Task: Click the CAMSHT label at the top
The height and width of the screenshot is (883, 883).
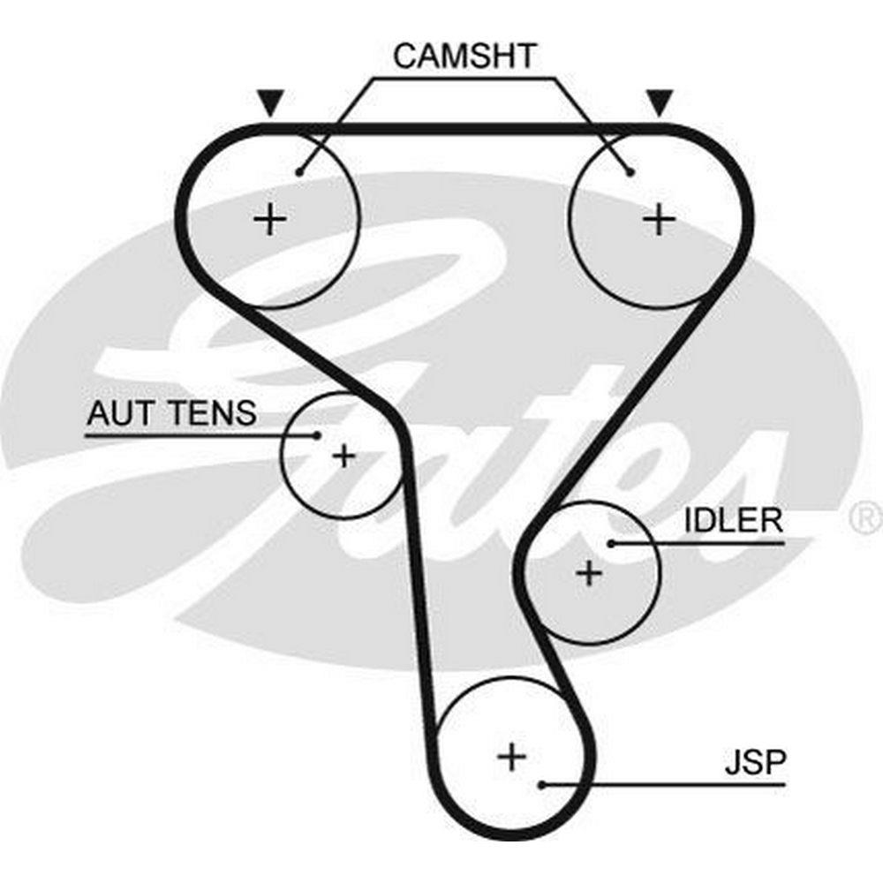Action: tap(464, 55)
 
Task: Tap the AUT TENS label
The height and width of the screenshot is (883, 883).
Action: tap(171, 412)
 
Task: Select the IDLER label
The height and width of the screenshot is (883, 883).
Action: tap(734, 520)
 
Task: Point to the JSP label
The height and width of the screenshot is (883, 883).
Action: tap(755, 762)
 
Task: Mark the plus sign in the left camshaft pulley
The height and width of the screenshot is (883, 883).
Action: tap(270, 218)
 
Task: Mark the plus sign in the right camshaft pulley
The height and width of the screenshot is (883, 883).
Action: tap(658, 218)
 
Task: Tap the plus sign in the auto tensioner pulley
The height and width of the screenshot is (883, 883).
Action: tap(343, 456)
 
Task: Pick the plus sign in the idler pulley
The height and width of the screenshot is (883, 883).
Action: tap(589, 574)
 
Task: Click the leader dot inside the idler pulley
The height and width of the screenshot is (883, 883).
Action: tap(610, 542)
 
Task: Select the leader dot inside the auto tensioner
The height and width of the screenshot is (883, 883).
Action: tap(316, 434)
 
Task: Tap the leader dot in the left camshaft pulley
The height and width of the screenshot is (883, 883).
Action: tap(300, 171)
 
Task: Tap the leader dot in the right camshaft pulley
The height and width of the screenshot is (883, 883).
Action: tap(629, 171)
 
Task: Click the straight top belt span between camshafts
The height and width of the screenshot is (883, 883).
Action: tap(464, 129)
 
